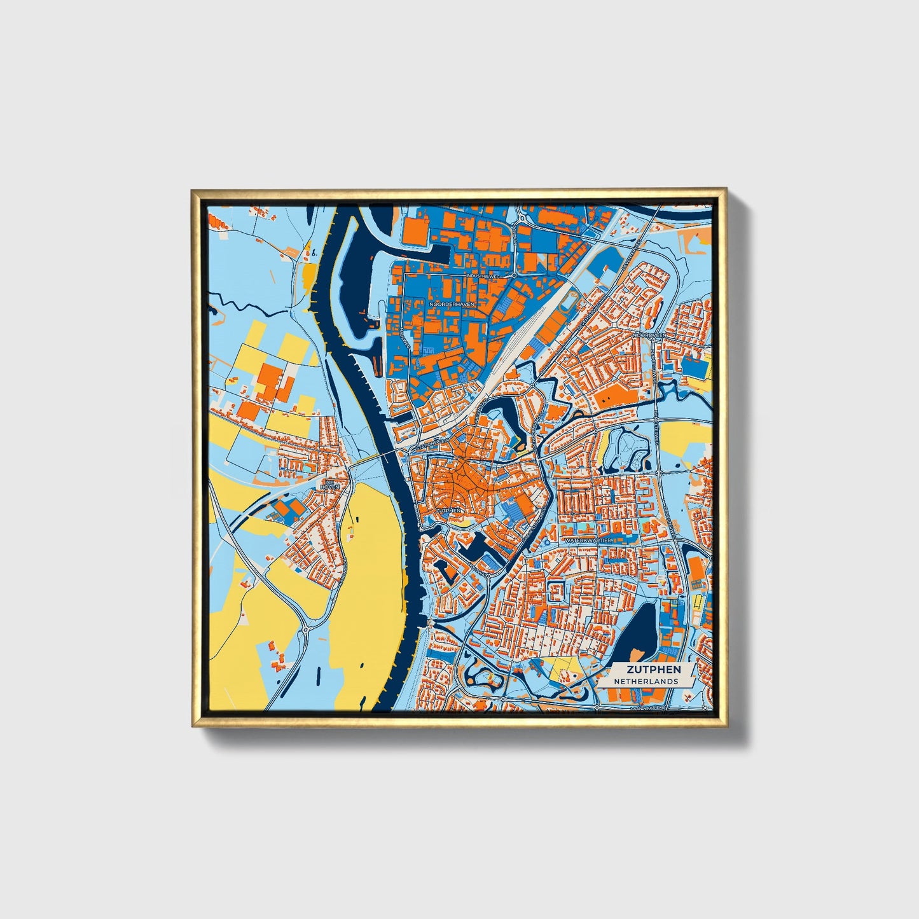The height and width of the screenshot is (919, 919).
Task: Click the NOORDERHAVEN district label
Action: pos(452,305)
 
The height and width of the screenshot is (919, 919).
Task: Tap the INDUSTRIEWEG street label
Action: pos(484,276)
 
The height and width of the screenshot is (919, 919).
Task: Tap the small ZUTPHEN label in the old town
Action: pos(448,510)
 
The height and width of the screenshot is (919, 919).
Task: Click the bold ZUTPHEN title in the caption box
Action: pos(653,669)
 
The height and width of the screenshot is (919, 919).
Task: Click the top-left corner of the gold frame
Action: pos(192,190)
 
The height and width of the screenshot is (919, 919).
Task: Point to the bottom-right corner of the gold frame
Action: pos(725,726)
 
